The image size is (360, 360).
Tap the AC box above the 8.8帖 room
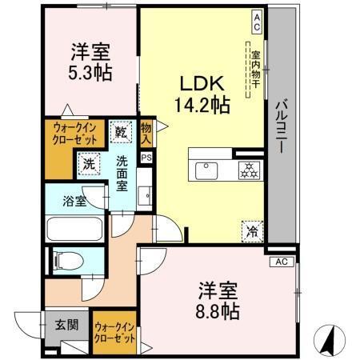pos(281,262)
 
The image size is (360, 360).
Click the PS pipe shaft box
pos(146,158)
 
